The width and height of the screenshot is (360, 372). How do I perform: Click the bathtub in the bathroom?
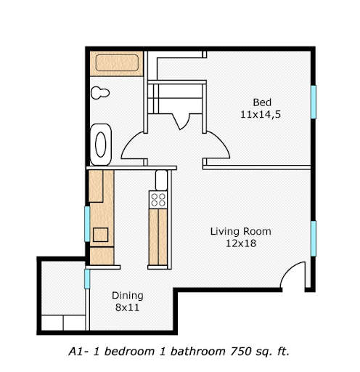pyautogui.click(x=115, y=62)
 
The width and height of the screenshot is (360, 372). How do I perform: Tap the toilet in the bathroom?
pyautogui.click(x=99, y=92)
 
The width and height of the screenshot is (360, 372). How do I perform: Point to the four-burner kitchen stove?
pyautogui.click(x=157, y=198)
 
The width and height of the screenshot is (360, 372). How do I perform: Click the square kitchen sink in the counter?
pyautogui.click(x=99, y=235)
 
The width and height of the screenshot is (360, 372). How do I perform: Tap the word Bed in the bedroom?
pyautogui.click(x=262, y=101)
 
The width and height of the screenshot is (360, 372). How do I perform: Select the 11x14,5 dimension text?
pyautogui.click(x=262, y=114)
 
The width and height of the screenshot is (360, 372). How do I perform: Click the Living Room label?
pyautogui.click(x=240, y=232)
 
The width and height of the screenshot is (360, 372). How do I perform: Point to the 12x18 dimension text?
pyautogui.click(x=240, y=244)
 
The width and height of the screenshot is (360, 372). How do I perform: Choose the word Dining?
pyautogui.click(x=127, y=296)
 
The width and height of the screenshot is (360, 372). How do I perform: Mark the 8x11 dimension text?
pyautogui.click(x=127, y=308)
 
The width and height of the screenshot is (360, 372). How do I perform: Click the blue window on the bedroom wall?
pyautogui.click(x=314, y=102)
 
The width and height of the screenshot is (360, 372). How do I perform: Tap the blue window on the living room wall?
pyautogui.click(x=314, y=238)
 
